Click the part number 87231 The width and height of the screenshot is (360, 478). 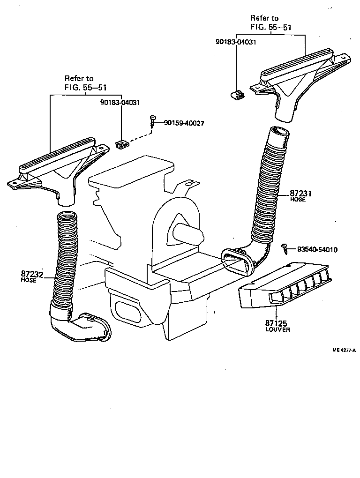[300, 193]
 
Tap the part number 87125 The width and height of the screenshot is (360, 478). [276, 323]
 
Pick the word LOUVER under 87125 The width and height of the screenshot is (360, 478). [277, 329]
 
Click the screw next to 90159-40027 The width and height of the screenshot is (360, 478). [153, 120]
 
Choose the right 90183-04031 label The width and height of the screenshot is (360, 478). [236, 42]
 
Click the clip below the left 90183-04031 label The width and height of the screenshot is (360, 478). [122, 144]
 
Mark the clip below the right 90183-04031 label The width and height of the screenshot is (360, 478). [238, 95]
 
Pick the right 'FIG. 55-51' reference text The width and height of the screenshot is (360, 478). [270, 27]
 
